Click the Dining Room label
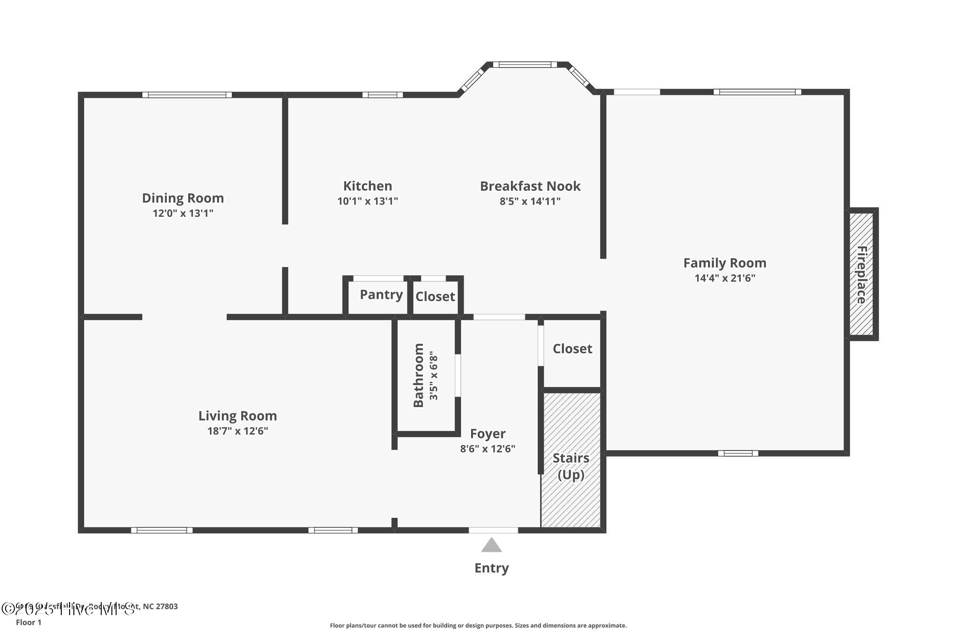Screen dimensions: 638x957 (183, 198)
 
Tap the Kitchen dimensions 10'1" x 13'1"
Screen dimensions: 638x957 (367, 201)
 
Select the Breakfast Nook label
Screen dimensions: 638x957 (530, 186)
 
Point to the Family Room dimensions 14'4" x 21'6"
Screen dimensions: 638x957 (725, 278)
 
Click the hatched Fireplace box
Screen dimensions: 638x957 (861, 274)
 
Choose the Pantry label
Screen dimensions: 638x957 (381, 295)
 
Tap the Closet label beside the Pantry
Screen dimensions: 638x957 (435, 296)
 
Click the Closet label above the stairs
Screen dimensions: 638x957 (572, 349)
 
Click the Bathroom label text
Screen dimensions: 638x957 (419, 375)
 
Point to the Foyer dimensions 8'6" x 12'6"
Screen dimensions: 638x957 (487, 449)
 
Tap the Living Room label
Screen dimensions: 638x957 (237, 416)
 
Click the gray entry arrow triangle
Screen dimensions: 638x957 (491, 545)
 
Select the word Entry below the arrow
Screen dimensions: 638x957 (491, 568)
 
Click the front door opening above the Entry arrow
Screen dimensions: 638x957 (493, 530)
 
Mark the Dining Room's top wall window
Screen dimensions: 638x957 (187, 95)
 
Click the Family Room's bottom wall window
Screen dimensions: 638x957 (738, 453)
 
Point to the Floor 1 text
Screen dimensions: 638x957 (29, 623)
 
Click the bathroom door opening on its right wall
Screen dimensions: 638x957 (458, 375)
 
